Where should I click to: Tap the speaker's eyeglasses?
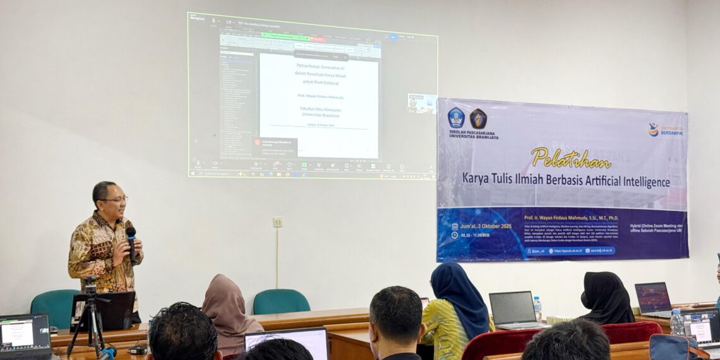pos(116,200)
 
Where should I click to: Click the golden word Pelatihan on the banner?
pos(570,157)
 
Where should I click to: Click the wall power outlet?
pos(277,222)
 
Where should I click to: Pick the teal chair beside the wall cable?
pos(281,301)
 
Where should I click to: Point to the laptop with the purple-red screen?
pos(653,298)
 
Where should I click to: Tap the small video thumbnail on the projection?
pos(421,103)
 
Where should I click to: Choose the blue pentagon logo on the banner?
pos(455,117)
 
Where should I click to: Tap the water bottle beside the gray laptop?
pos(537,308)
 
